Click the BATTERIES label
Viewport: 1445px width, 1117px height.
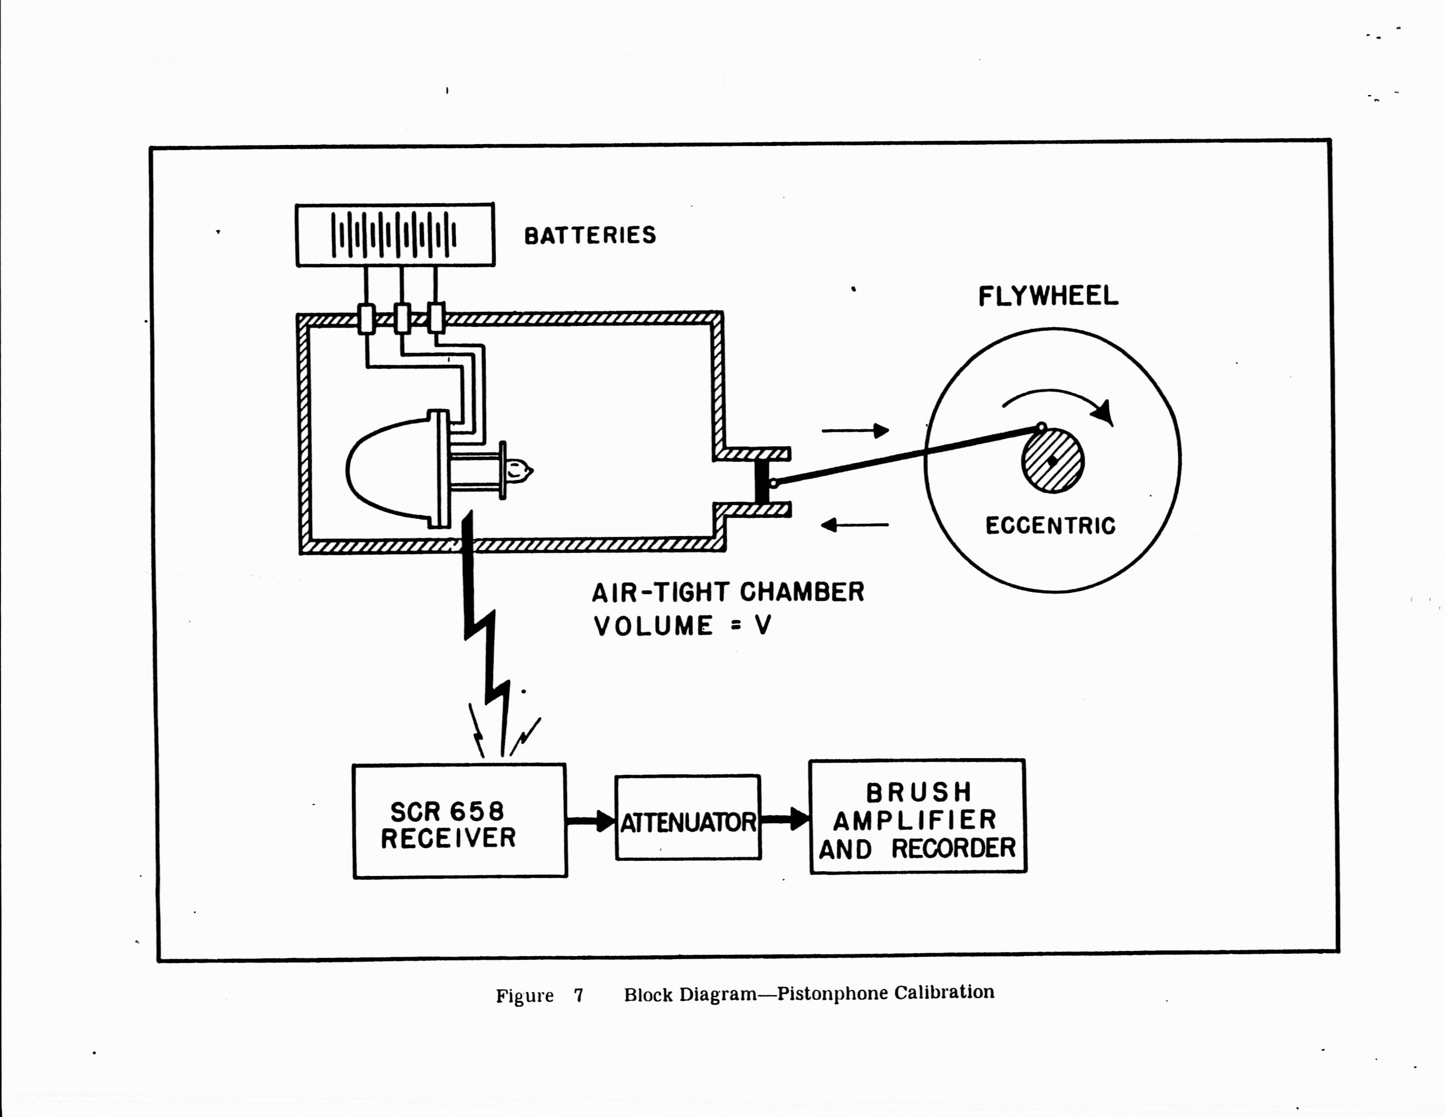point(589,236)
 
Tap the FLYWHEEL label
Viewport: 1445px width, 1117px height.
point(1048,296)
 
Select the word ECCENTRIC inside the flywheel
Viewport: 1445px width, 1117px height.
point(1050,526)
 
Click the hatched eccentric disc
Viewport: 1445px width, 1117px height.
point(1053,461)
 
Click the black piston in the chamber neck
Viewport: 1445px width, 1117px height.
point(762,481)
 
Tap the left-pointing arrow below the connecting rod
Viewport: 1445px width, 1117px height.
point(855,525)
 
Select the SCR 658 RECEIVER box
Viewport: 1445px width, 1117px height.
point(460,821)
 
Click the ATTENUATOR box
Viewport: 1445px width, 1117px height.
point(688,818)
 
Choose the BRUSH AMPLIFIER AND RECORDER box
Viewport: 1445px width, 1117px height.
point(918,817)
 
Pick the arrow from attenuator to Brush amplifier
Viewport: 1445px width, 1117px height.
point(786,819)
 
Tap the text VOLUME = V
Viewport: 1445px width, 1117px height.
point(682,626)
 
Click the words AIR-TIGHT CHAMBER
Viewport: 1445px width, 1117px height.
point(728,592)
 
